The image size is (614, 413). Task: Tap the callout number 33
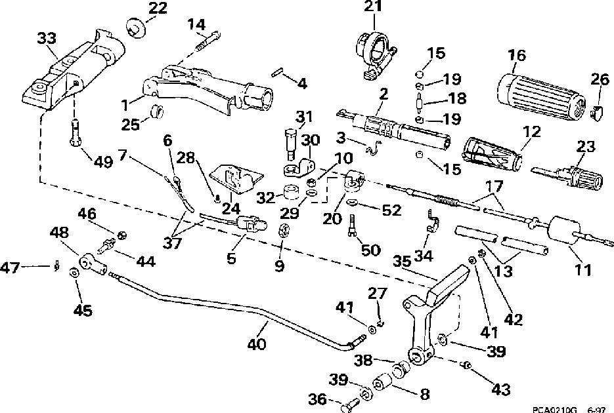pyautogui.click(x=47, y=38)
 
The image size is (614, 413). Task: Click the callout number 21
pyautogui.click(x=373, y=6)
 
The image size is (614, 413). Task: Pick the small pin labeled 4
pyautogui.click(x=277, y=73)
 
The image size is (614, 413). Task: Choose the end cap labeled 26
pyautogui.click(x=596, y=113)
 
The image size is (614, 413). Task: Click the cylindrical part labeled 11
pyautogui.click(x=564, y=231)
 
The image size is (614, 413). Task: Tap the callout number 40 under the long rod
pyautogui.click(x=257, y=344)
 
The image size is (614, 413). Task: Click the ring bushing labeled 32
pyautogui.click(x=292, y=192)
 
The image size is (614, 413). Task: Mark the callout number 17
pyautogui.click(x=494, y=186)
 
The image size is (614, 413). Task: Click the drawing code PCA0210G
pyautogui.click(x=555, y=410)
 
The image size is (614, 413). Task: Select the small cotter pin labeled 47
pyautogui.click(x=57, y=266)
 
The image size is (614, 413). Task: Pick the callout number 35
pyautogui.click(x=402, y=261)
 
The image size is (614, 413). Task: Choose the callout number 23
pyautogui.click(x=586, y=147)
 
